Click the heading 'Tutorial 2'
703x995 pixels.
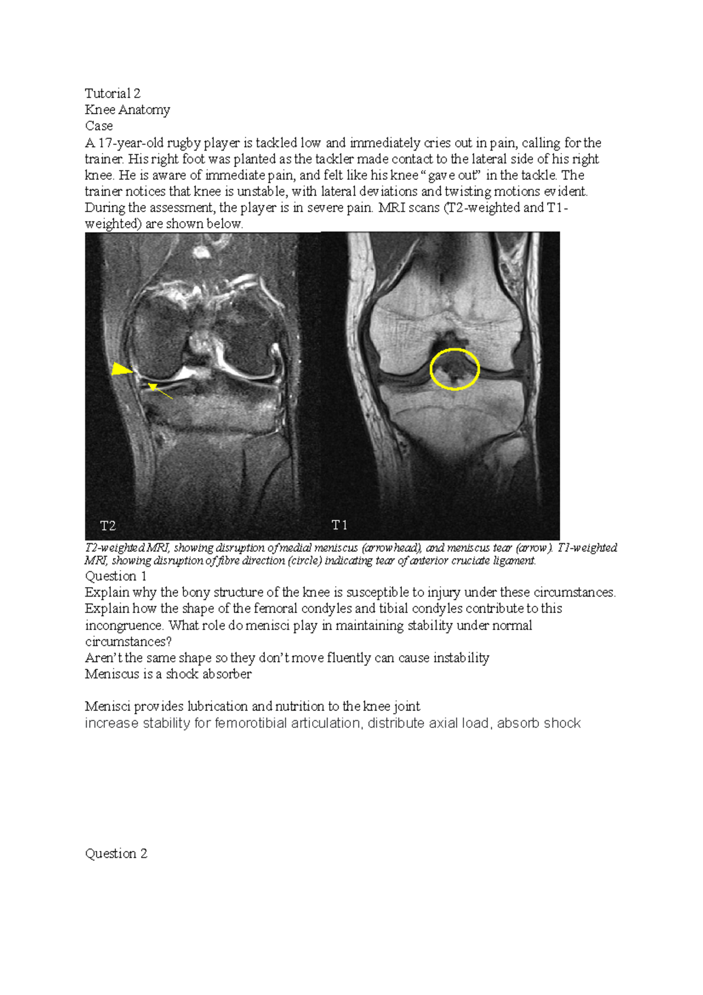click(112, 94)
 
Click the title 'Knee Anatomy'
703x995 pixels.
click(127, 110)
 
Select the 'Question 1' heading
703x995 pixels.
click(115, 576)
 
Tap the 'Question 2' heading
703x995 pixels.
click(116, 854)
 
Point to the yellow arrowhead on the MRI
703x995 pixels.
click(122, 369)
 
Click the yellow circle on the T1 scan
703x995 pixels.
click(455, 369)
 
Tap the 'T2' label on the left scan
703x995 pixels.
click(108, 526)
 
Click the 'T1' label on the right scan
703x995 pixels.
click(340, 525)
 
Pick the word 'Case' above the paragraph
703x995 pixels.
click(98, 126)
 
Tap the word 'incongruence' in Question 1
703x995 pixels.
click(123, 625)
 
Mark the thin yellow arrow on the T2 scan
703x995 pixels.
click(160, 391)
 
